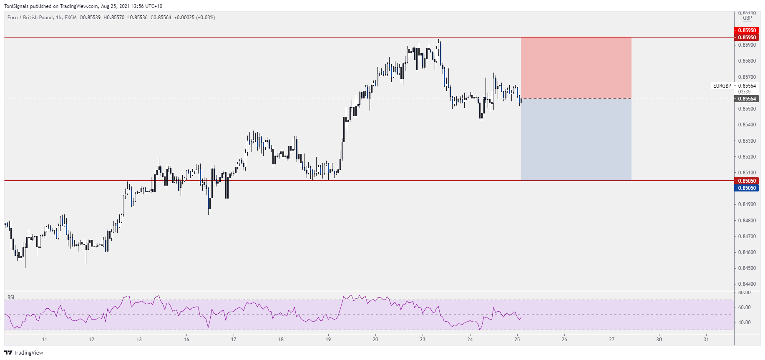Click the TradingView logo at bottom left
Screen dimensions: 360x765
pos(23,353)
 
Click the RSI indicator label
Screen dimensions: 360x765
pos(11,297)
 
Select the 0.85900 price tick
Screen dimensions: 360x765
pos(747,45)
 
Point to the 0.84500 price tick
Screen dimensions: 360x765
pos(747,268)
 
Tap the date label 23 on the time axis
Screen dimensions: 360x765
pos(423,340)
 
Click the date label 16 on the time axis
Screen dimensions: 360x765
pos(186,340)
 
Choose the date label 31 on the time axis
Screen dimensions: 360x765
pos(706,340)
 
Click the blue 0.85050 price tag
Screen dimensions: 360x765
pos(747,188)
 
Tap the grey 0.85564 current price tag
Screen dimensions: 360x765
pos(747,99)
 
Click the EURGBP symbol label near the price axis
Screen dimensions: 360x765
pos(722,86)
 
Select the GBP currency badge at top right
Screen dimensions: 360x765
pos(747,18)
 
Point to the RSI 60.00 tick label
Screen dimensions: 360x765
pos(745,307)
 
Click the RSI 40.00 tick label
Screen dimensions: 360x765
pos(745,322)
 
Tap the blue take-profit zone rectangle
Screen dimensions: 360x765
pos(576,139)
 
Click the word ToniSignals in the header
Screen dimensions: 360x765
pos(16,6)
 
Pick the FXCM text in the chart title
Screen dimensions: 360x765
pos(70,18)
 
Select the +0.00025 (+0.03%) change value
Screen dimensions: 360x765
pos(194,18)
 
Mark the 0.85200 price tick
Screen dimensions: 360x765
pos(747,157)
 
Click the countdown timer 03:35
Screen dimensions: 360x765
pos(745,92)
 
